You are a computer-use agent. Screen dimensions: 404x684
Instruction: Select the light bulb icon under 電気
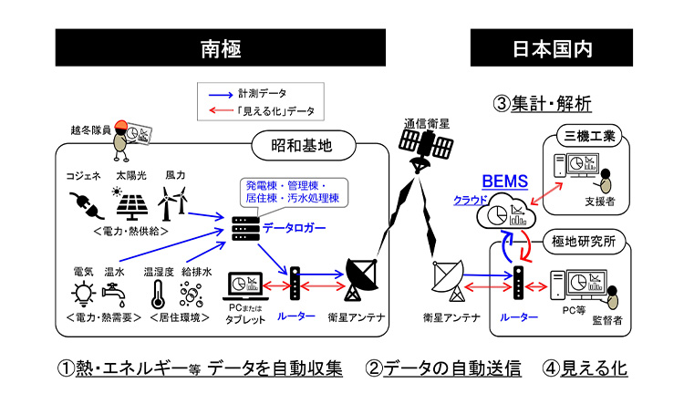point(83,294)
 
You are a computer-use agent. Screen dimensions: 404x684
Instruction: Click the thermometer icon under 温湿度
point(156,294)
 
